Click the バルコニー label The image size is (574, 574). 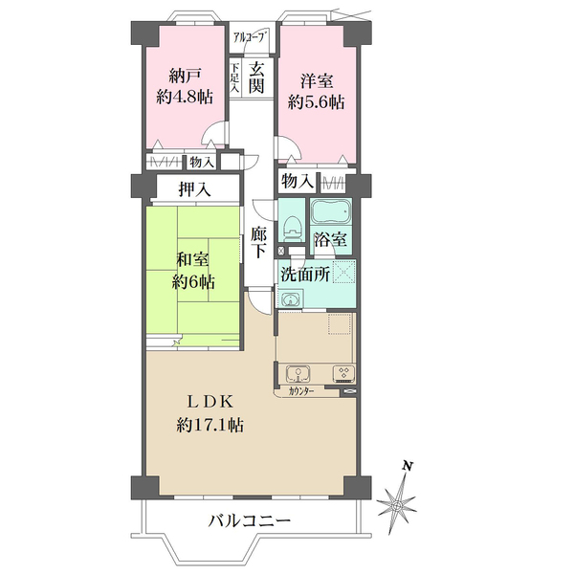250,521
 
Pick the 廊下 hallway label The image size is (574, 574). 258,242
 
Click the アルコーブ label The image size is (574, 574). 252,39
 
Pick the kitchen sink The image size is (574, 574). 297,373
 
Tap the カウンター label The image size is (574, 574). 299,392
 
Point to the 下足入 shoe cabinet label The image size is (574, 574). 234,77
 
